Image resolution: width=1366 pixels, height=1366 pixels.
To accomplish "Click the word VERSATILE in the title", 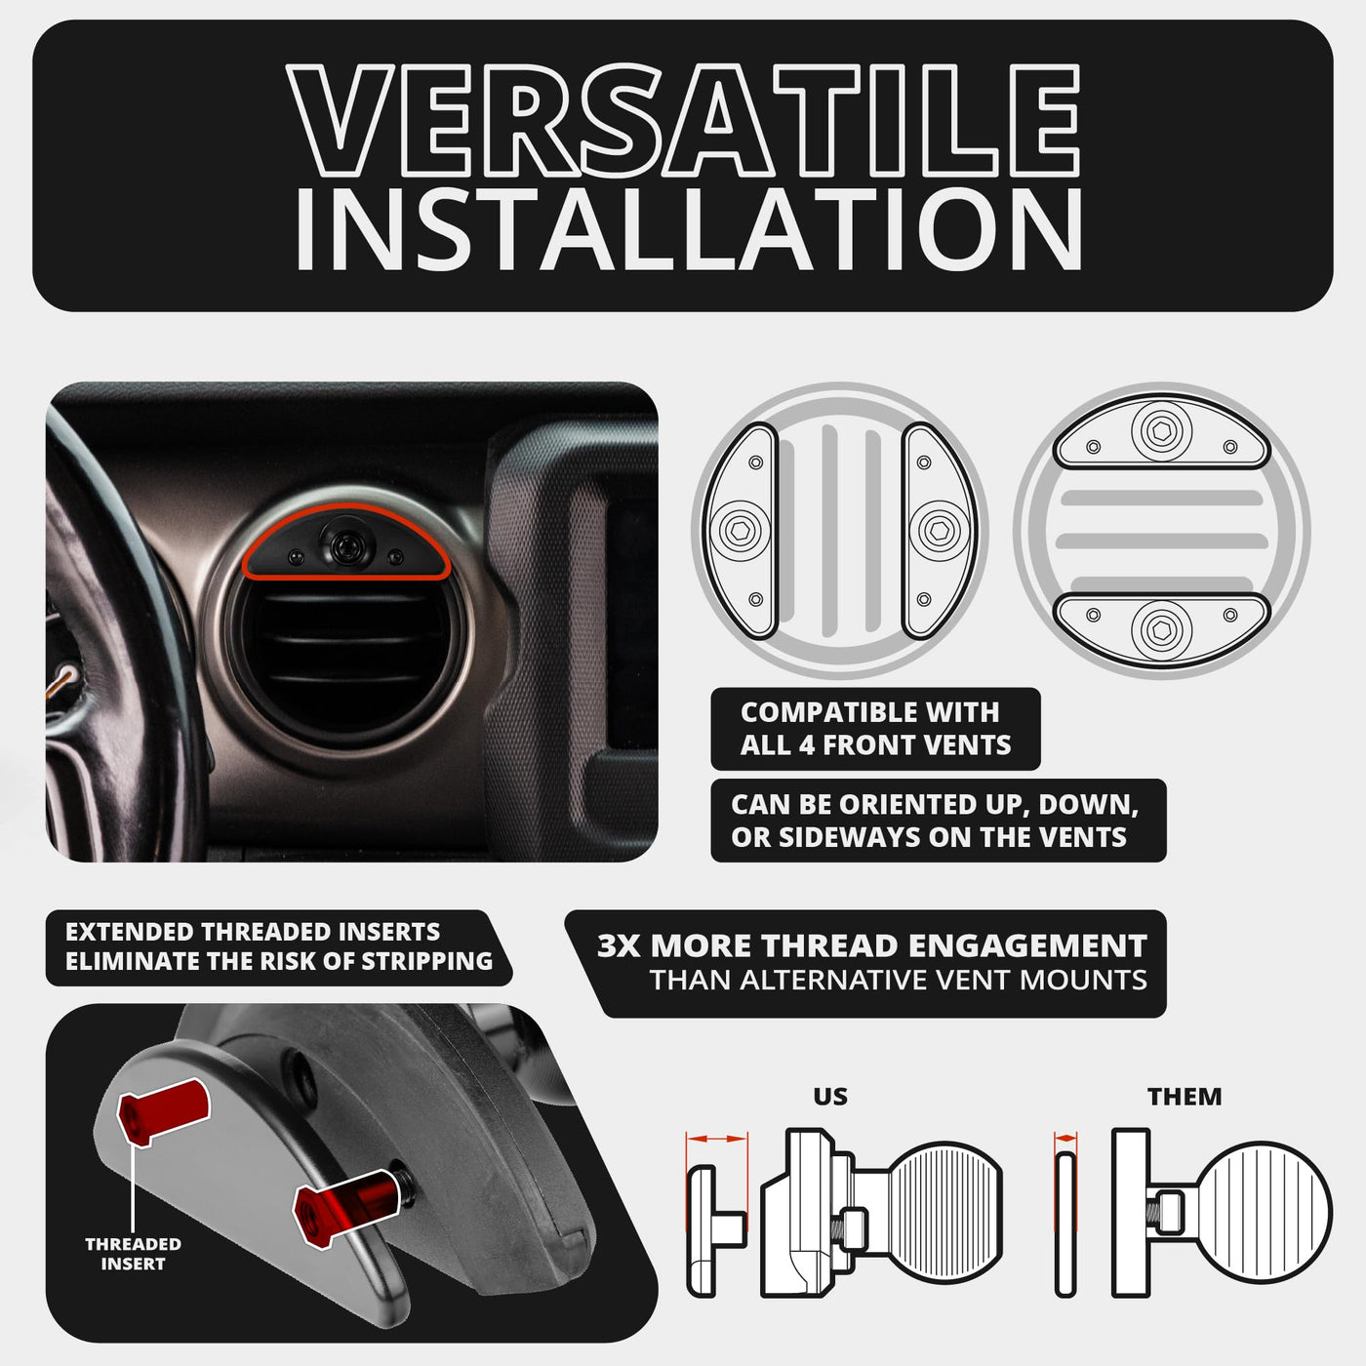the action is pos(683,121).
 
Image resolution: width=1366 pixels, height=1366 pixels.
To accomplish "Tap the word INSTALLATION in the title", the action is pos(688,230).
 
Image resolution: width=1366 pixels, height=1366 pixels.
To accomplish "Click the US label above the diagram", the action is pos(830,1097).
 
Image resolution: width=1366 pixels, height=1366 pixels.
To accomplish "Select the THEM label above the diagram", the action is pos(1185,1097).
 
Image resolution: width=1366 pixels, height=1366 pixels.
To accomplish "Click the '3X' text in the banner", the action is pos(619,945).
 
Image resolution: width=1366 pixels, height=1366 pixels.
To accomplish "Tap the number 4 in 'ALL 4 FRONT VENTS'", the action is pos(806,745).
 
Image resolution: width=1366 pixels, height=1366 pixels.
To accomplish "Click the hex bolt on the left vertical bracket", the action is pos(740,530).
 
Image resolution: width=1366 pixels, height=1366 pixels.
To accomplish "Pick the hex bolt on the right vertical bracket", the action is pos(940,530).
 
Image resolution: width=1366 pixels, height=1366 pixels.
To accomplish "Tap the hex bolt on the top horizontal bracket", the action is pos(1161,430).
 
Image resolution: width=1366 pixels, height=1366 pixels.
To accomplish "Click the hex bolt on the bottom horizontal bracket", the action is pos(1161,630).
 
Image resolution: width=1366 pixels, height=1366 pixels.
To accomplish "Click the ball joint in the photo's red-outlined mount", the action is pos(346,543).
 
